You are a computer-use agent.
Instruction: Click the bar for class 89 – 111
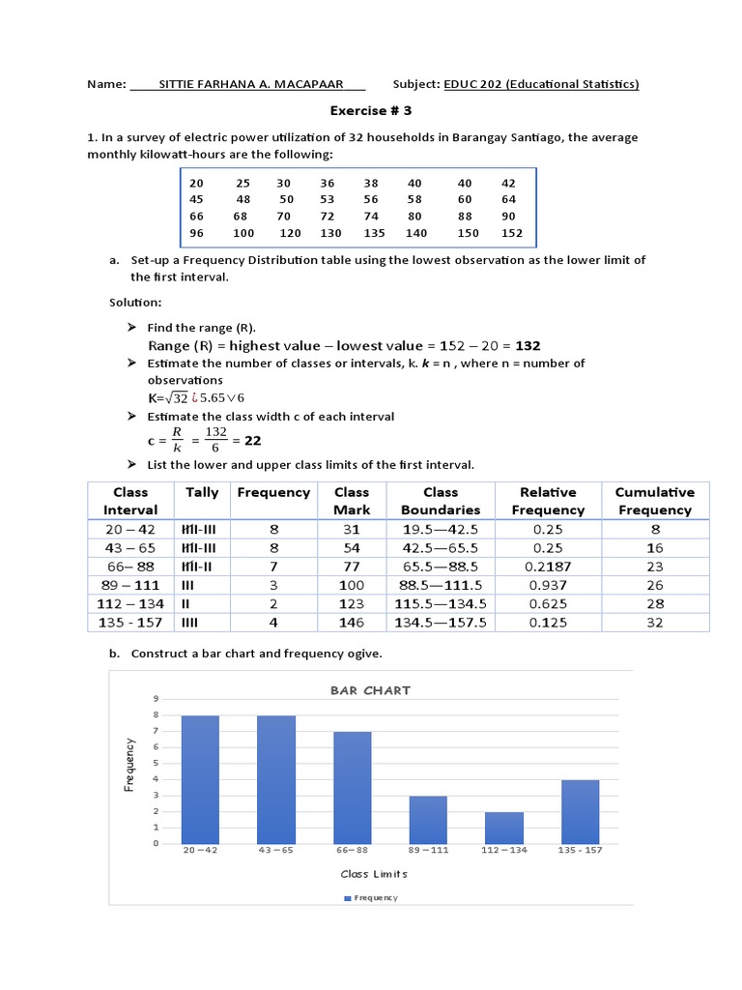click(x=428, y=820)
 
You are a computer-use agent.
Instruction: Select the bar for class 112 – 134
click(x=503, y=828)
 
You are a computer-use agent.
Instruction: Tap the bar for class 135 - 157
click(x=580, y=811)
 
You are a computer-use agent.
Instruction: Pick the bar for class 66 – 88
click(x=352, y=787)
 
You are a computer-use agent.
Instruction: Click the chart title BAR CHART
click(x=370, y=690)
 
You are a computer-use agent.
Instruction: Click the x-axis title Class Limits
click(x=374, y=874)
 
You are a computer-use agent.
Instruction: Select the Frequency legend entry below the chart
click(x=371, y=898)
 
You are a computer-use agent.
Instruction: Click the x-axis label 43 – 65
click(x=275, y=850)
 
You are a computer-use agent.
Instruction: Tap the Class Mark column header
click(x=352, y=501)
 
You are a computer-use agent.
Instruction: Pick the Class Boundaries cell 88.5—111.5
click(x=440, y=585)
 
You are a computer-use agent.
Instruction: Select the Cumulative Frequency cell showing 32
click(x=655, y=622)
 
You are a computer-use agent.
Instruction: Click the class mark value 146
click(x=352, y=622)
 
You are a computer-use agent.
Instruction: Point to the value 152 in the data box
click(x=511, y=233)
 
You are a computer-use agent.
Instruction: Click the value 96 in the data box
click(x=197, y=233)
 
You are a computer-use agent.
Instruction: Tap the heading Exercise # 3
click(x=372, y=111)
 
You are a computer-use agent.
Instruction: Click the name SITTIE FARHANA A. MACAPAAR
click(x=247, y=84)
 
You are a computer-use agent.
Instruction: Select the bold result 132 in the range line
click(x=528, y=345)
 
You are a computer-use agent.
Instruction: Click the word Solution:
click(x=135, y=303)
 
